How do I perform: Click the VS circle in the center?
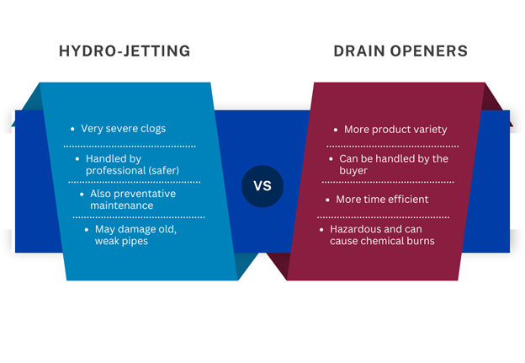(262, 186)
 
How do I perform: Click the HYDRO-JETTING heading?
(125, 51)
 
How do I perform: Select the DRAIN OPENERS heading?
(400, 51)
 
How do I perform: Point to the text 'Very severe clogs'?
(123, 129)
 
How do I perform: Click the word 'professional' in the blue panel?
(116, 171)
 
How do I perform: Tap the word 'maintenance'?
(121, 206)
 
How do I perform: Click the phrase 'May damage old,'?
(135, 229)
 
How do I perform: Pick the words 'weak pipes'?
(121, 241)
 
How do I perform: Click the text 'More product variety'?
(395, 130)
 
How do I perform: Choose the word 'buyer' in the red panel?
(353, 171)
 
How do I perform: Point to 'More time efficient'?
(382, 200)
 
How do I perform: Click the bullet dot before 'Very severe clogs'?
(72, 129)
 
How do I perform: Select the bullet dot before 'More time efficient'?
(327, 200)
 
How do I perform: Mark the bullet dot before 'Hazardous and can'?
(321, 230)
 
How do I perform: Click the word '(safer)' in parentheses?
(164, 171)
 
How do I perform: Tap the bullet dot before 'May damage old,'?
(87, 230)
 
